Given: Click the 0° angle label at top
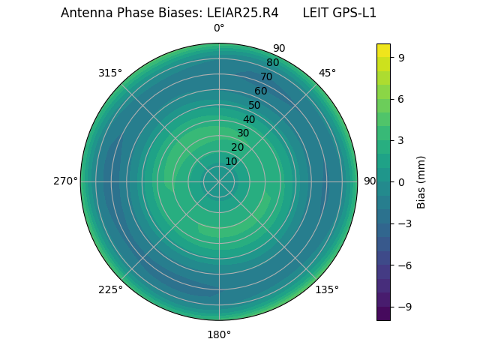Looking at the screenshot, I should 219,28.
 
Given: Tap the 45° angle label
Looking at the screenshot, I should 327,73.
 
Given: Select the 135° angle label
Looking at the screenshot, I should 327,289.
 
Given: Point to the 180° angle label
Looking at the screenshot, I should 219,334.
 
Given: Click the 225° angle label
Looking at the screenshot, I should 110,289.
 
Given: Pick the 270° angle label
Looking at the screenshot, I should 65,181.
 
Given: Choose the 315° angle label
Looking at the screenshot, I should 110,73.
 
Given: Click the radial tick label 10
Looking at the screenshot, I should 231,161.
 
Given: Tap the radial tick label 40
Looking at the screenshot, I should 249,119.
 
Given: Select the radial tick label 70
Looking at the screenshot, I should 266,76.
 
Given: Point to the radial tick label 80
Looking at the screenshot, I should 272,62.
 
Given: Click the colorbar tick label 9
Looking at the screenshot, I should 401,57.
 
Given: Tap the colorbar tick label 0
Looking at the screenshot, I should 401,181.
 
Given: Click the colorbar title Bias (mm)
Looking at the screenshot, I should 421,181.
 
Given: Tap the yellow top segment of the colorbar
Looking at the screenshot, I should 383,50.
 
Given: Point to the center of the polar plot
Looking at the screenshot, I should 219,181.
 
